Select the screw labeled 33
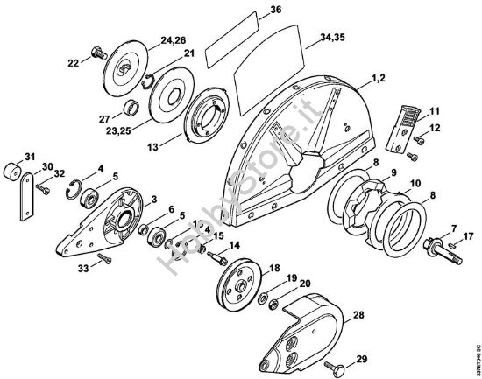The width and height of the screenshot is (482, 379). point(103,258)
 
